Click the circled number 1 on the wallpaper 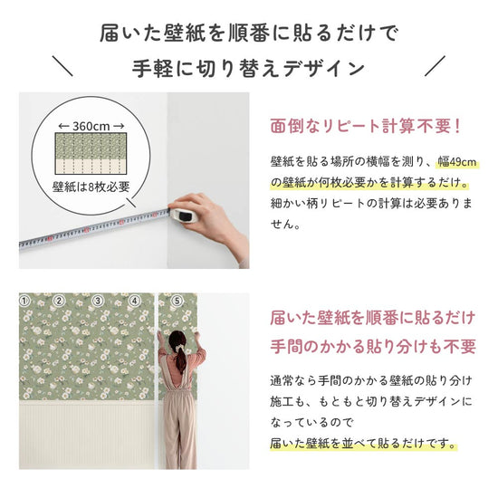point(25,300)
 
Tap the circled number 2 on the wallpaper point(59,300)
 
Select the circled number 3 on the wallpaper point(97,300)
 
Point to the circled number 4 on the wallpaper point(133,300)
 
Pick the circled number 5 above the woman point(177,300)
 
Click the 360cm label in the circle point(90,126)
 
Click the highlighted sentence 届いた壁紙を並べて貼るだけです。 point(362,443)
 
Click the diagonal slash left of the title point(62,66)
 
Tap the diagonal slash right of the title point(436,66)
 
